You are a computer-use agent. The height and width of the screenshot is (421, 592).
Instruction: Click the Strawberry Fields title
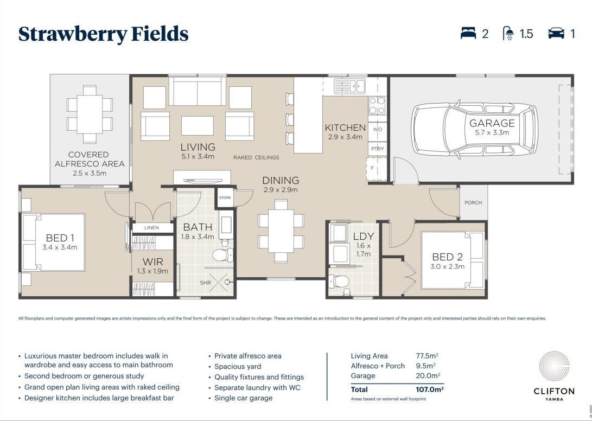(103, 34)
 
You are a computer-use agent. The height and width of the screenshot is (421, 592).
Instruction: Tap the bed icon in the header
(468, 34)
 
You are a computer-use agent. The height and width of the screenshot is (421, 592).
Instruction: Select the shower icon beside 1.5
(509, 34)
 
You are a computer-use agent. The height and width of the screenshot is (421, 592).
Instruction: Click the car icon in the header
(556, 34)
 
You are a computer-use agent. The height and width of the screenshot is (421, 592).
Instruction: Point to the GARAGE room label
(492, 123)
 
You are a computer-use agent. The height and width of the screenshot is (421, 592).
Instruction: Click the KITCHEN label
(345, 127)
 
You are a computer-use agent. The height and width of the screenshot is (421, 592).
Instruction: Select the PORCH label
(473, 202)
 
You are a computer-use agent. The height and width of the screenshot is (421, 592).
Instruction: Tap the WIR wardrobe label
(152, 261)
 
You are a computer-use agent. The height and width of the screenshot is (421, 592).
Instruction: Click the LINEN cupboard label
(152, 228)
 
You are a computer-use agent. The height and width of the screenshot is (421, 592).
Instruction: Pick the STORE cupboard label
(225, 198)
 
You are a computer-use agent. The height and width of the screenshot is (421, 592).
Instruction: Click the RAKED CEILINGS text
(256, 157)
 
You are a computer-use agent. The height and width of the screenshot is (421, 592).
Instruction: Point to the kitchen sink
(349, 85)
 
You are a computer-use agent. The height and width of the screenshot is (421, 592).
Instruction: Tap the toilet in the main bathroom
(224, 254)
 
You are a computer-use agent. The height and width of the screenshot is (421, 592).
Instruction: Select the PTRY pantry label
(377, 148)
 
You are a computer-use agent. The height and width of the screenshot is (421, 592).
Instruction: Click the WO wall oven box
(377, 130)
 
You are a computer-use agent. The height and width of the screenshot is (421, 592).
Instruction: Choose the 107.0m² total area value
(429, 390)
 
